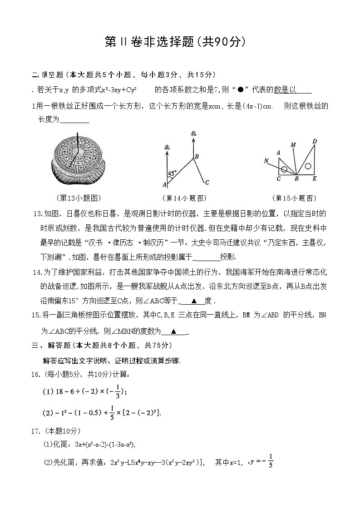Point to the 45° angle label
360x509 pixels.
click(172, 173)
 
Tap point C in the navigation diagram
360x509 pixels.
click(207, 183)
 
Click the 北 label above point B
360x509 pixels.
click(193, 133)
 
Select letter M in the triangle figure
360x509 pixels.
click(293, 145)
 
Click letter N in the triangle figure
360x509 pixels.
click(266, 160)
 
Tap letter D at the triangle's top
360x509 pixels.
click(314, 142)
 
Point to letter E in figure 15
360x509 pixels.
click(314, 179)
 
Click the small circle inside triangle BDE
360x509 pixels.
click(308, 166)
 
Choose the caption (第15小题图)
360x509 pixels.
click(294, 198)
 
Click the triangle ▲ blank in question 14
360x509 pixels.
click(194, 301)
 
